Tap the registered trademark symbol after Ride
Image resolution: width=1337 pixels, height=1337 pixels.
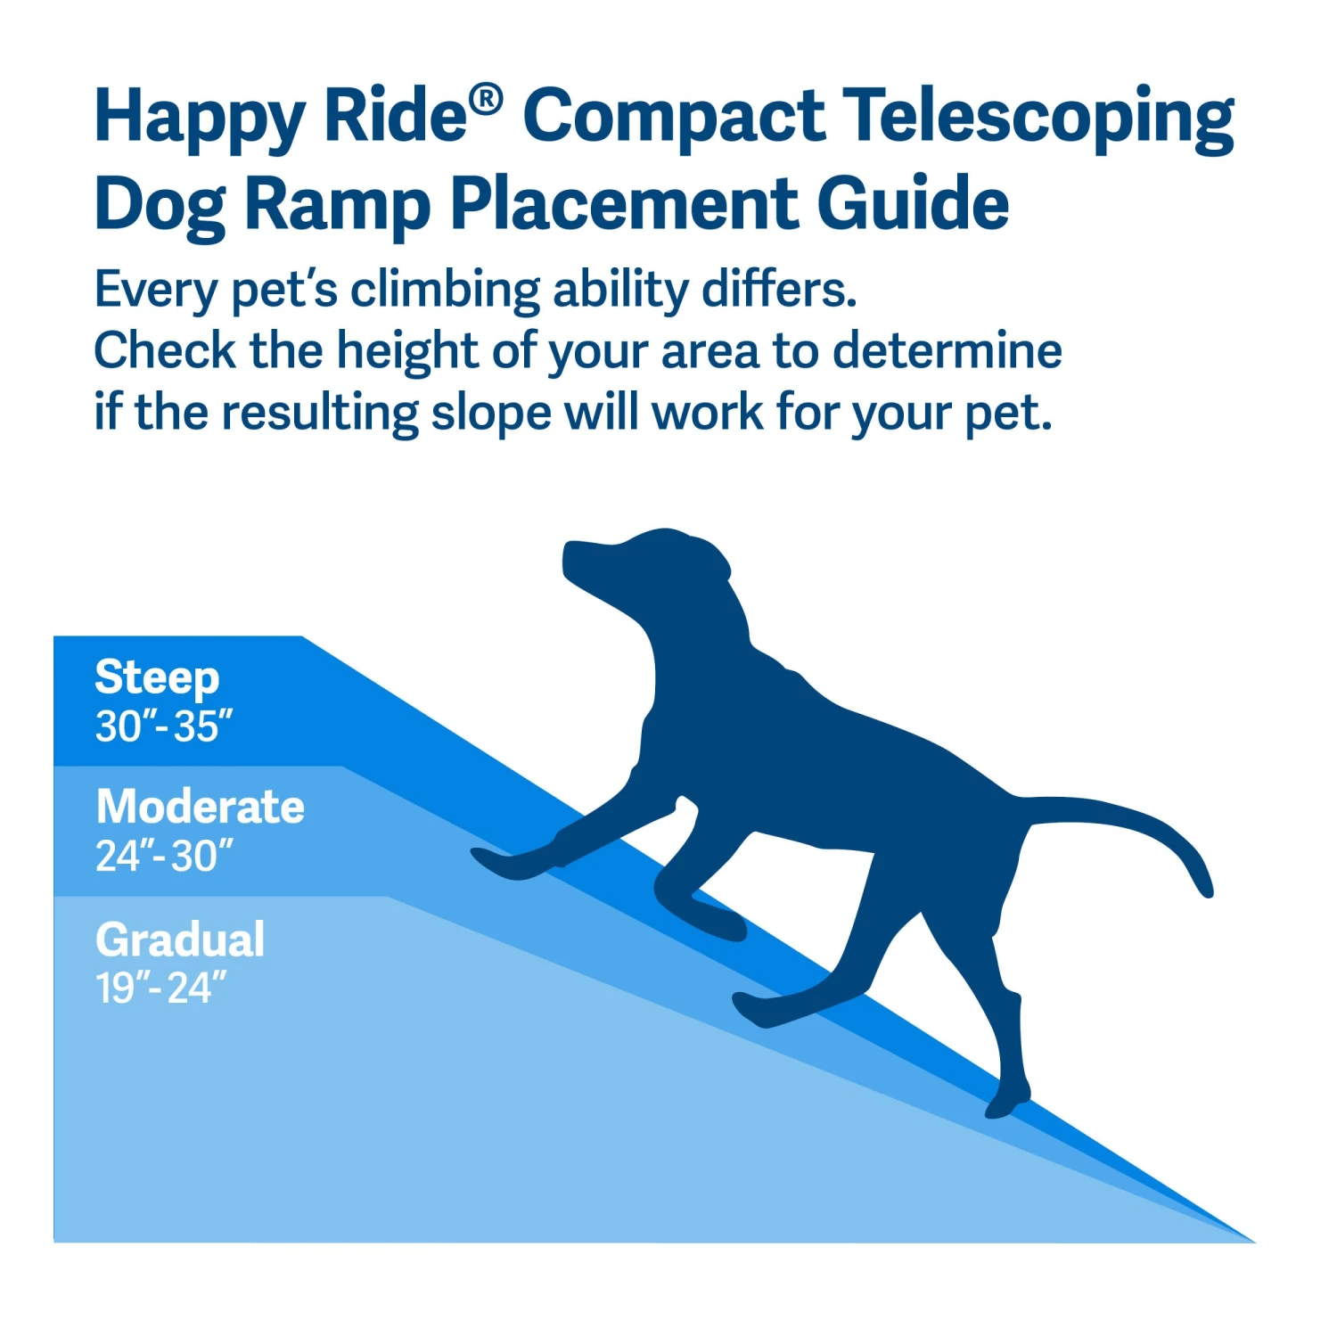pos(487,99)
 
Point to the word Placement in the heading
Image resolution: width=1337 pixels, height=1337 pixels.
pos(624,205)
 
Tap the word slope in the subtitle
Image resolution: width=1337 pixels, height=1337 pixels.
pos(491,413)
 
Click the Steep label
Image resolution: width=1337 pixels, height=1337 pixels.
pos(157,678)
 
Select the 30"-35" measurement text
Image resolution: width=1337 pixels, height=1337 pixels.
pos(164,726)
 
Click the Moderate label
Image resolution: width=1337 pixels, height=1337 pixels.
pos(201,807)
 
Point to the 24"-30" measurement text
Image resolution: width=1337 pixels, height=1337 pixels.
pos(164,857)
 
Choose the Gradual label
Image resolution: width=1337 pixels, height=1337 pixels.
pos(180,939)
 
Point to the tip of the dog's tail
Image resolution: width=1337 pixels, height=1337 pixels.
pos(1205,888)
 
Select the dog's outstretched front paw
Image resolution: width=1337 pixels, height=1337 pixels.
pos(495,862)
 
